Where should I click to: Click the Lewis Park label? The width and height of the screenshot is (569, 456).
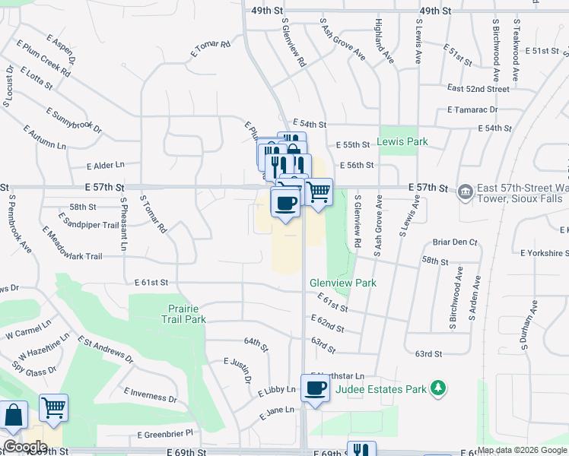[402, 141]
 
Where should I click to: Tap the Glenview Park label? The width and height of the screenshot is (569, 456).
[343, 283]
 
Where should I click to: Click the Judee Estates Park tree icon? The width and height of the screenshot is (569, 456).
[437, 389]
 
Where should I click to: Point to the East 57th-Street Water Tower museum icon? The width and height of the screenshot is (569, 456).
[464, 190]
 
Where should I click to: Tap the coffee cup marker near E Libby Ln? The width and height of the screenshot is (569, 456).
[314, 389]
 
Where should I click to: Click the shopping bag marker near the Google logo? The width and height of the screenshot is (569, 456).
[14, 416]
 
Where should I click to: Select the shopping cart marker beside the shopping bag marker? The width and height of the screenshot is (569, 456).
[53, 408]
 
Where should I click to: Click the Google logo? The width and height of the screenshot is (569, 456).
[25, 447]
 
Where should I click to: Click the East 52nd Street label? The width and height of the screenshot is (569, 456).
[478, 89]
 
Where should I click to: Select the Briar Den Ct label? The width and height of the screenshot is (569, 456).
[454, 242]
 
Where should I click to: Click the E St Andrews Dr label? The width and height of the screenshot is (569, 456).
[104, 352]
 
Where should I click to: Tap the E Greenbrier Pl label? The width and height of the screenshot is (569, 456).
[165, 434]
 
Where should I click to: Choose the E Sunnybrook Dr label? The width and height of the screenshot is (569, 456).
[73, 121]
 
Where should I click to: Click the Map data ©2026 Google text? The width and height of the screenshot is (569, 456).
[523, 450]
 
